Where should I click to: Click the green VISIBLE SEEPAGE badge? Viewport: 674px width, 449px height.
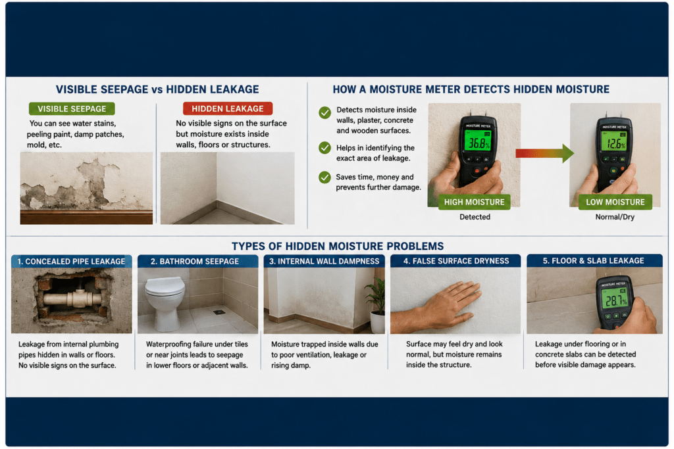72,108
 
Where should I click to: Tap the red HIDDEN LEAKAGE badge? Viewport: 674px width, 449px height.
227,108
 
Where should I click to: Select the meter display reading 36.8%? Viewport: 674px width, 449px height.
478,141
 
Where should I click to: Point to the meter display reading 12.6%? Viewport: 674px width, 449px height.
615,141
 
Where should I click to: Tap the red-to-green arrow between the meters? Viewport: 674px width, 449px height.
544,153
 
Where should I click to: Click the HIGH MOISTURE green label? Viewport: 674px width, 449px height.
474,202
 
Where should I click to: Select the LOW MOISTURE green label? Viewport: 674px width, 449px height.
615,202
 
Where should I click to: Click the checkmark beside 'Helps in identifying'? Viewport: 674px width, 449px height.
325,148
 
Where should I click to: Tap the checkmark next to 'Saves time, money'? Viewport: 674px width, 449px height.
325,177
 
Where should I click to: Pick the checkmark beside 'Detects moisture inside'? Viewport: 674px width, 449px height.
325,112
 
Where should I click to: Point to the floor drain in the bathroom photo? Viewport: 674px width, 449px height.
219,312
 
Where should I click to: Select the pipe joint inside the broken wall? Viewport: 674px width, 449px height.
78,298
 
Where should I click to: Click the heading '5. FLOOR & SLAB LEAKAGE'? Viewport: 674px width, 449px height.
593,260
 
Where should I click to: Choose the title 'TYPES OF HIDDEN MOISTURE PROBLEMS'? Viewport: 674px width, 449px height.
338,246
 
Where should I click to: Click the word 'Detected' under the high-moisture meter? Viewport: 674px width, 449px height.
475,217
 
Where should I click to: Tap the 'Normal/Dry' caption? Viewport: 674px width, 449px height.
615,217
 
